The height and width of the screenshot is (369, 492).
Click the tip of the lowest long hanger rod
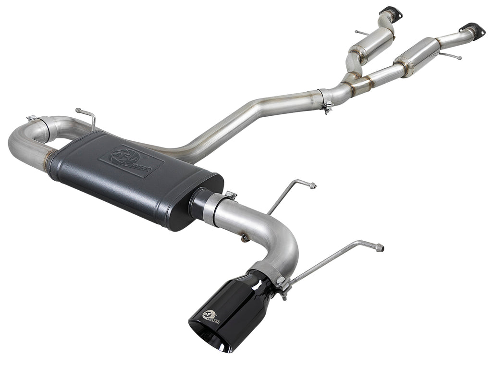click(x=380, y=248)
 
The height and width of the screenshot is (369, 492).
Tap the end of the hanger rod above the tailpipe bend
click(x=313, y=185)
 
